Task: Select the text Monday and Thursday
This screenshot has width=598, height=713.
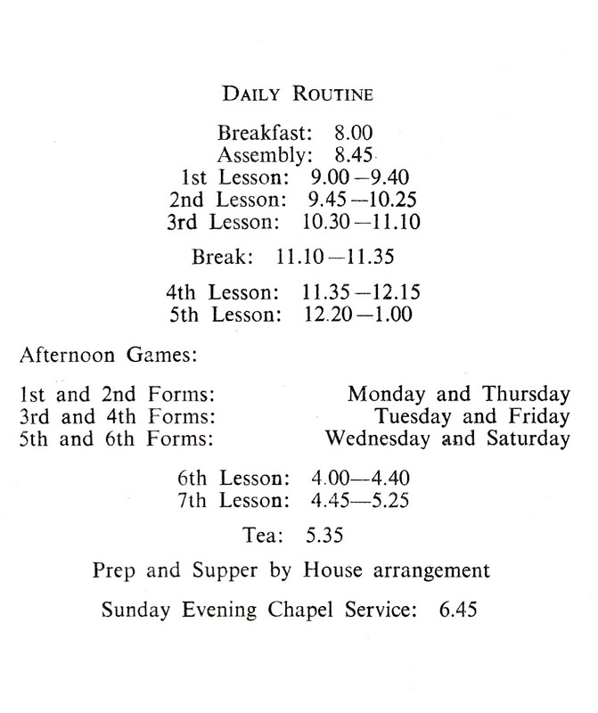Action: click(458, 395)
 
